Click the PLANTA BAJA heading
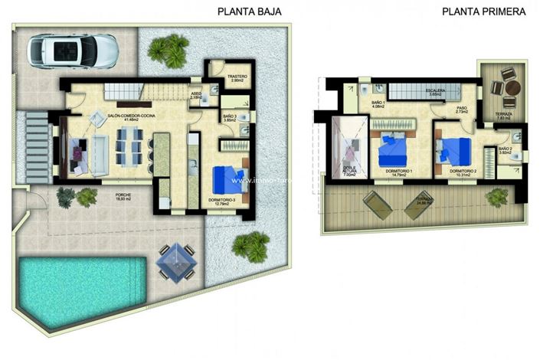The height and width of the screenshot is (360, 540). point(250,11)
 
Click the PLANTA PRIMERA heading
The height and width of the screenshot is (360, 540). point(483,11)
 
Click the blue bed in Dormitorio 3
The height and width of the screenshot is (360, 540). point(228,180)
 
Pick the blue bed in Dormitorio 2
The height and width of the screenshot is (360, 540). point(455,147)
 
